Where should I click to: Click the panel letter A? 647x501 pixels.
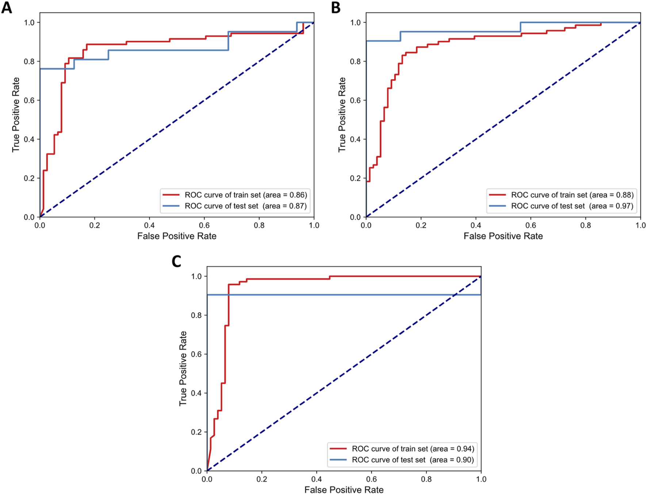tap(6, 7)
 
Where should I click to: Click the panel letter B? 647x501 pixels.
tap(336, 7)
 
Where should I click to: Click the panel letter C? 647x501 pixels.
tap(176, 261)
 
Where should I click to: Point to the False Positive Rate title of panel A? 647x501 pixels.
tap(177, 236)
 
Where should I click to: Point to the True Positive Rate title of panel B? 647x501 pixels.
tap(342, 115)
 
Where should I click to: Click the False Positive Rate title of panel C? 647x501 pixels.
tap(344, 490)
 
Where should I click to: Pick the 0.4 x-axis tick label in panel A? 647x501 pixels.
tap(149, 225)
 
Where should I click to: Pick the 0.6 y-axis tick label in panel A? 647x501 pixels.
tap(29, 100)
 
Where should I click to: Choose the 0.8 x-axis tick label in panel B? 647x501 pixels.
tap(586, 225)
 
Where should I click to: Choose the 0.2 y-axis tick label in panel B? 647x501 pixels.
tap(355, 178)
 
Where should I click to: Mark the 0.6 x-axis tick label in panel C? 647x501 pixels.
tap(371, 479)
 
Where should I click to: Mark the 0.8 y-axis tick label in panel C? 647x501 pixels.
tap(196, 315)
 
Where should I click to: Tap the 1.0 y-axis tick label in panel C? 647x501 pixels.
tap(196, 276)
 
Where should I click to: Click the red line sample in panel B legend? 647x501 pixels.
tap(497, 195)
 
